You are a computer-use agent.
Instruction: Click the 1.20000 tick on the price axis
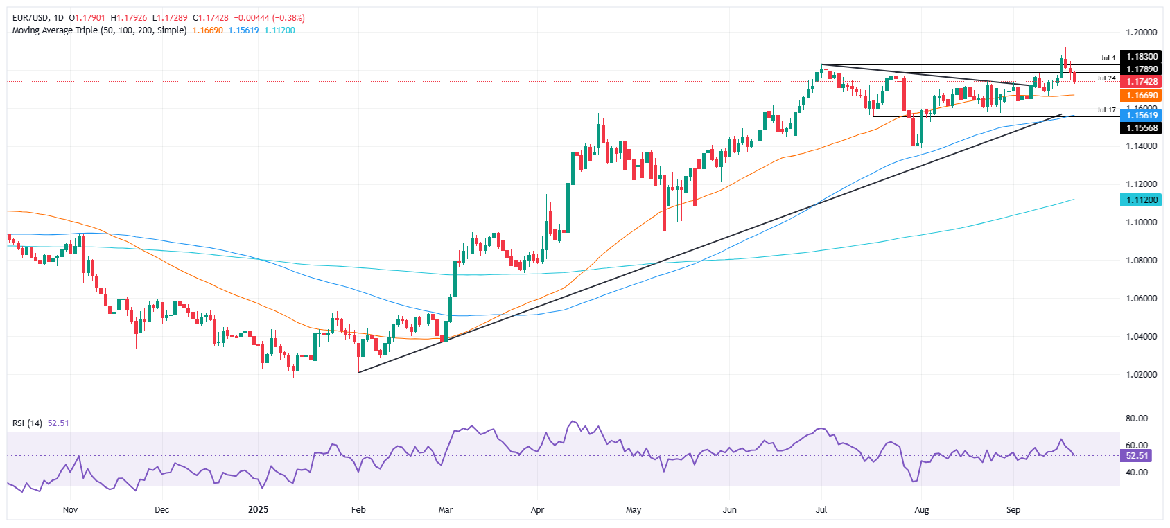[x=1141, y=33]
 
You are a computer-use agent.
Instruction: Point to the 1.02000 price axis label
[x=1141, y=375]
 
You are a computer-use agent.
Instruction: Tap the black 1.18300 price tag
[x=1141, y=57]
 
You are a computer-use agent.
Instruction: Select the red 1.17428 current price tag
[x=1141, y=82]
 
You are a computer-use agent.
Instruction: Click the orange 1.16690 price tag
[x=1141, y=96]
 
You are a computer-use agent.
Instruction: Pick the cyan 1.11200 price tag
[x=1141, y=200]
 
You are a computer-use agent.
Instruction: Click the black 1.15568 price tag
[x=1141, y=128]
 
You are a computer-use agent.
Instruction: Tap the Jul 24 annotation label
[x=1106, y=78]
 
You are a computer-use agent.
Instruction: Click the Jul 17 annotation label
[x=1106, y=110]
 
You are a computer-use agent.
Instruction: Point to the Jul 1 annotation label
[x=1108, y=58]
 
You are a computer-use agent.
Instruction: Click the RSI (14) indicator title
[x=27, y=423]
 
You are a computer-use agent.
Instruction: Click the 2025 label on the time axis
[x=258, y=510]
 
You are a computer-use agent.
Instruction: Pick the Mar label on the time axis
[x=446, y=510]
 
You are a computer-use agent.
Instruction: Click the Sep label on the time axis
[x=1013, y=510]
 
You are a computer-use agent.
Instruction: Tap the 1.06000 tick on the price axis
[x=1141, y=299]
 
